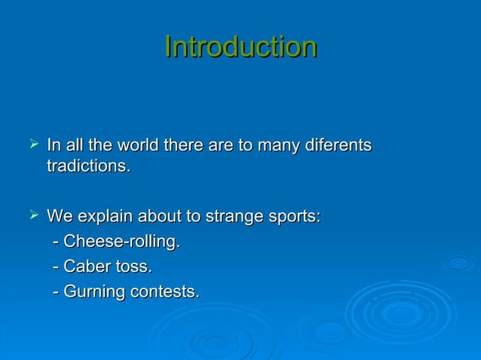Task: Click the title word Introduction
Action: tap(240, 47)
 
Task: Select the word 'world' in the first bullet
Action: tap(130, 144)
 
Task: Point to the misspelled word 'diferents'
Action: tap(336, 144)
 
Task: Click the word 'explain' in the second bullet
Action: tap(103, 218)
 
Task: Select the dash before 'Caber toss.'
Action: tap(57, 267)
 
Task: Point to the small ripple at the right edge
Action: tap(458, 263)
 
